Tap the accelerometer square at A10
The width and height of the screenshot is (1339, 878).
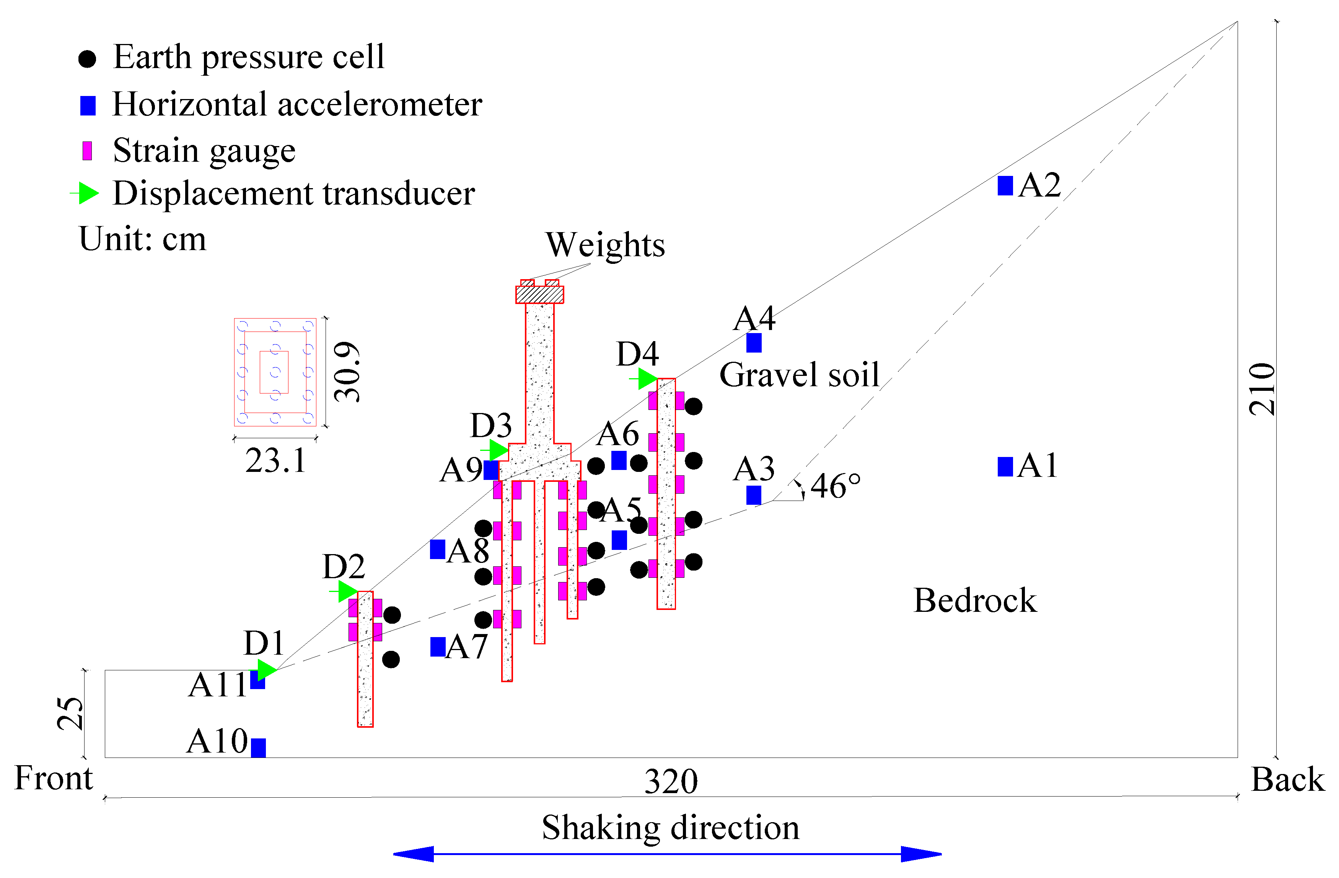[x=258, y=748]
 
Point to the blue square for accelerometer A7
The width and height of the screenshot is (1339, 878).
[x=438, y=647]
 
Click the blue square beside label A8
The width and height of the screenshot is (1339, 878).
[x=438, y=549]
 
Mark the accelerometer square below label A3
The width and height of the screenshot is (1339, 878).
[x=754, y=495]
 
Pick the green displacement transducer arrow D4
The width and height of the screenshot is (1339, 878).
[x=647, y=379]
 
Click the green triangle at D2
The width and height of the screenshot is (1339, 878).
[x=347, y=591]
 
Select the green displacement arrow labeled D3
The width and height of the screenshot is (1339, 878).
[x=498, y=450]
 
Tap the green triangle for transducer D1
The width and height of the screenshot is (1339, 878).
[x=266, y=670]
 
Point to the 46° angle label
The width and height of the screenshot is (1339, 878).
[x=836, y=486]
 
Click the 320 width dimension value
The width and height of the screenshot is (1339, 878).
[x=671, y=781]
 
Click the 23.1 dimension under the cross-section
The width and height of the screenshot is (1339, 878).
[x=276, y=461]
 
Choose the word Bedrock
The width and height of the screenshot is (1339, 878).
[x=975, y=601]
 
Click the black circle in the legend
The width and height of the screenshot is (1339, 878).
[x=87, y=59]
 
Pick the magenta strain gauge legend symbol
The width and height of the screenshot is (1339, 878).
[x=87, y=151]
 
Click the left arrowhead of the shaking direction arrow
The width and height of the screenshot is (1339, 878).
[x=414, y=854]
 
